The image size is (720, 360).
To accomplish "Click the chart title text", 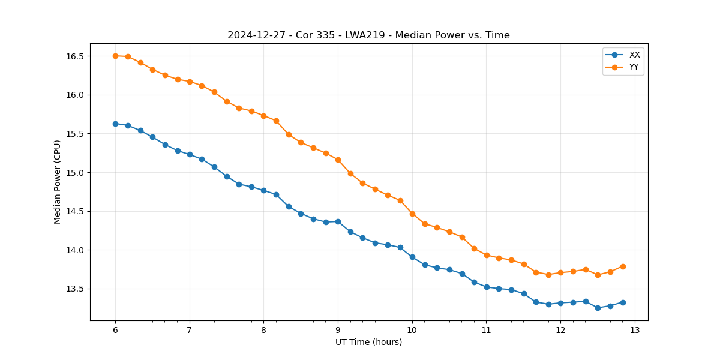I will tap(368, 35).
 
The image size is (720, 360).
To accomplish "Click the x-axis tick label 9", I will tap(338, 331).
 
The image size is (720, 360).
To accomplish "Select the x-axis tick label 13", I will tap(635, 331).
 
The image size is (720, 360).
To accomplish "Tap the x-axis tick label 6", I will tap(115, 331).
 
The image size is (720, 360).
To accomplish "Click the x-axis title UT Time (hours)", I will tap(368, 343).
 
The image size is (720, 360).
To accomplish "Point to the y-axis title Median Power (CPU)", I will tap(58, 182).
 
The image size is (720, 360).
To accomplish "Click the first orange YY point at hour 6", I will tap(115, 56).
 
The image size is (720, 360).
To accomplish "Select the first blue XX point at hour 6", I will tap(115, 124).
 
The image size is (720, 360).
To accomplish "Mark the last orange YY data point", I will tap(623, 266).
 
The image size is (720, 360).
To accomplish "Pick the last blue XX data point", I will tap(623, 302).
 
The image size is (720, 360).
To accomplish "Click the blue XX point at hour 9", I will tap(338, 221).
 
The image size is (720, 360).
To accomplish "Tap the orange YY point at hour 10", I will tap(412, 214).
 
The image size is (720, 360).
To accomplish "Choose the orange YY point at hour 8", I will tap(263, 116).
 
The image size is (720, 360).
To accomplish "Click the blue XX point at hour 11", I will tap(487, 287).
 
